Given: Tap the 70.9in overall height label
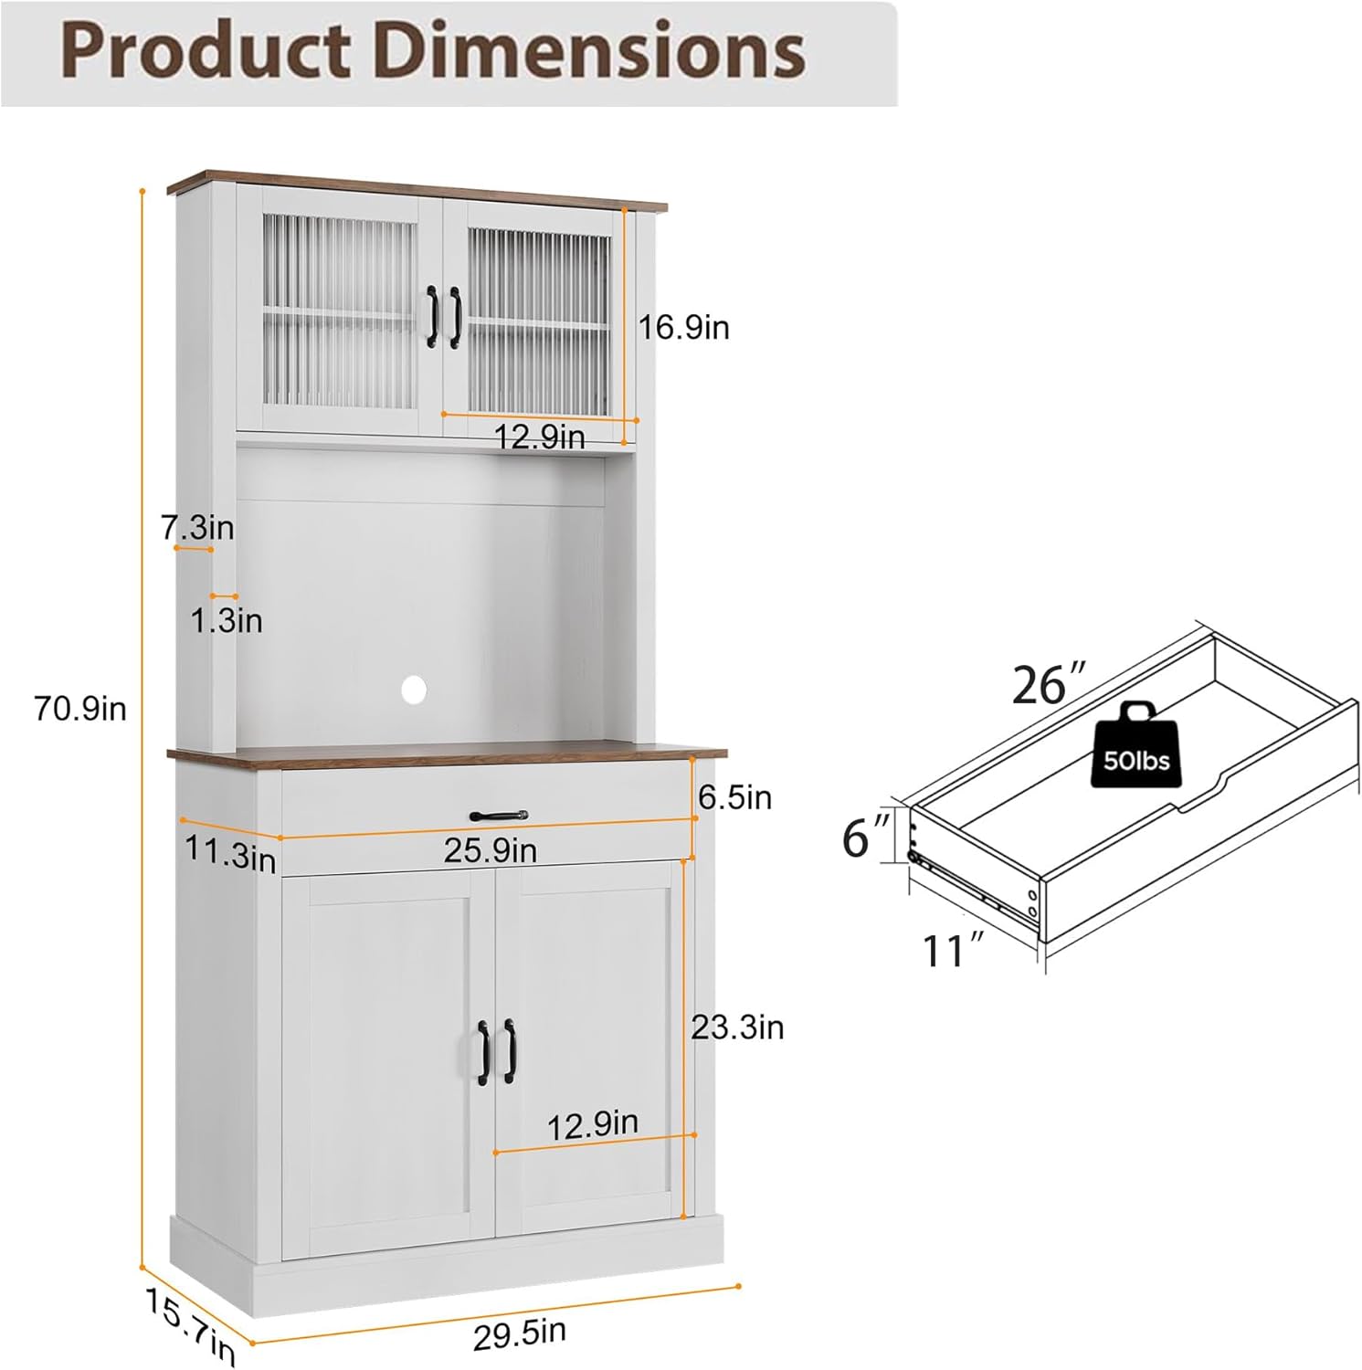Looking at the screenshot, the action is (x=80, y=708).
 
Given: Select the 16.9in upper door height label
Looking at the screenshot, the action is (x=683, y=327).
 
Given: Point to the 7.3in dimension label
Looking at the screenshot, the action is (x=197, y=527).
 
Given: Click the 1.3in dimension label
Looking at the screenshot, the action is (x=226, y=621).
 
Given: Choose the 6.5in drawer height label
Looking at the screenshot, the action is (x=734, y=797).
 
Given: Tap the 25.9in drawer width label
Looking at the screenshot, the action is (x=491, y=850).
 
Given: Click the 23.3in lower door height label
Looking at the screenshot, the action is (x=737, y=1027).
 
